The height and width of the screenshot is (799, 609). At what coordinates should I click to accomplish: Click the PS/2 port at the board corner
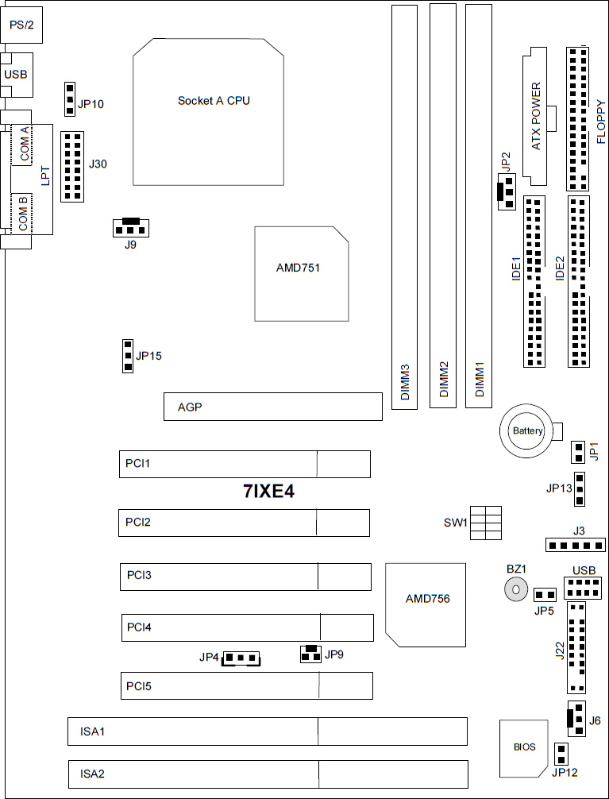click(21, 24)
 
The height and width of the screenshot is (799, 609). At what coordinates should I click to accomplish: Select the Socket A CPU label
click(214, 100)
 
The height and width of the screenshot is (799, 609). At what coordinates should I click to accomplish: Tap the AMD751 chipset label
click(298, 268)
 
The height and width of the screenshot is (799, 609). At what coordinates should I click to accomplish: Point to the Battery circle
click(527, 430)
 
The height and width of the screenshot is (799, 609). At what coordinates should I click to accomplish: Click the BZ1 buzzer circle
click(516, 590)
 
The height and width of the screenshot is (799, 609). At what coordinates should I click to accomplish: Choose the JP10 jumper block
click(71, 98)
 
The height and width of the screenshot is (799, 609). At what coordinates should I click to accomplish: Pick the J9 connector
click(131, 227)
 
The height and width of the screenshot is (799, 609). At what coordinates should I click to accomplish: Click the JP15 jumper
click(127, 356)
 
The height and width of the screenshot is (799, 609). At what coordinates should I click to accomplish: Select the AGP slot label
click(190, 407)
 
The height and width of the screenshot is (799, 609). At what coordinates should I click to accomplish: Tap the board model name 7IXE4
click(268, 491)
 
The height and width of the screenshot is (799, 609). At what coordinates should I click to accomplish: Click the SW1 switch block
click(486, 523)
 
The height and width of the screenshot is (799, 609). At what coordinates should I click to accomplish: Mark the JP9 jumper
click(311, 654)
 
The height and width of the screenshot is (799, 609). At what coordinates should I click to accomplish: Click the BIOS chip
click(524, 748)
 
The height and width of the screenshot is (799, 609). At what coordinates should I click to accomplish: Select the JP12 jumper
click(561, 755)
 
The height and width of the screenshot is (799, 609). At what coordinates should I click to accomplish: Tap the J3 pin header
click(576, 546)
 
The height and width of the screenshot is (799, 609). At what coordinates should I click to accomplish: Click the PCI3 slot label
click(139, 575)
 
